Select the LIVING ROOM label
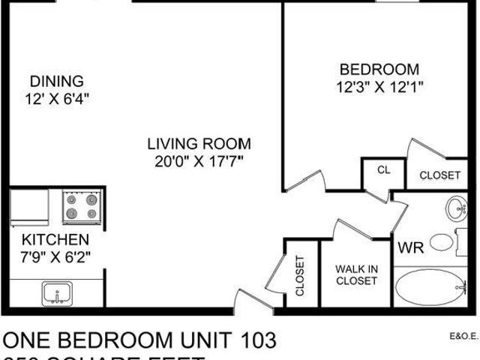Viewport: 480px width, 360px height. (x=199, y=143)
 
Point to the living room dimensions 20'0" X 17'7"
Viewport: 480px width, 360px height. (x=199, y=160)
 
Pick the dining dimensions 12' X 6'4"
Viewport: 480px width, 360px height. (x=56, y=97)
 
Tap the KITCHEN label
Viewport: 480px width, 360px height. (x=55, y=241)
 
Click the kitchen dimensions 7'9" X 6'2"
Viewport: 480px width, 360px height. (x=55, y=257)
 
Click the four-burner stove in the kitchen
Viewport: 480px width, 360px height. (x=82, y=206)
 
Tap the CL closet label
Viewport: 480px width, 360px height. (x=383, y=170)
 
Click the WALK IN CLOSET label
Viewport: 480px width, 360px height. (x=356, y=274)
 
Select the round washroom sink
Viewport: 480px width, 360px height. (x=454, y=207)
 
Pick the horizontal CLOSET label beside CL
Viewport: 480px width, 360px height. (x=439, y=175)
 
